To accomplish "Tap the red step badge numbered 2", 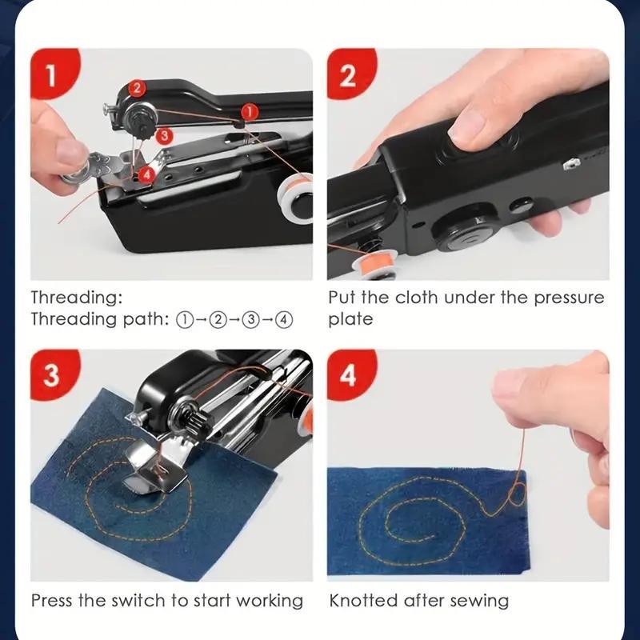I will [347, 76].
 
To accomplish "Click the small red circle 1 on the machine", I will [249, 111].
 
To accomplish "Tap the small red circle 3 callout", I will [163, 136].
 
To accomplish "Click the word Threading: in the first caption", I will [77, 298].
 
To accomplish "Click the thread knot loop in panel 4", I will [514, 492].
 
